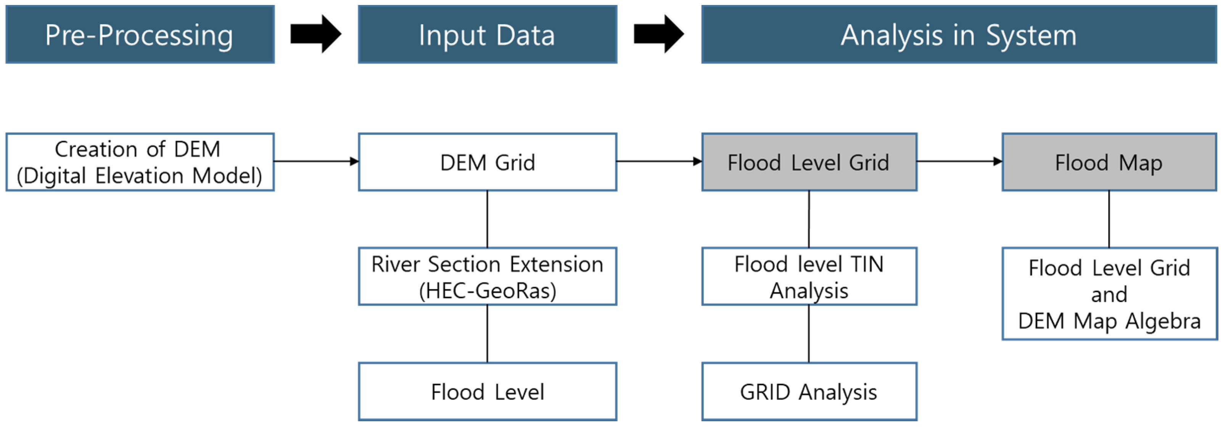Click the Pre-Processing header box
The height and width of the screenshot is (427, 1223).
[x=140, y=34]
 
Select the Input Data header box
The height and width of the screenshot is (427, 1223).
[x=488, y=34]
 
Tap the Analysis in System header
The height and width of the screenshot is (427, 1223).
[x=959, y=34]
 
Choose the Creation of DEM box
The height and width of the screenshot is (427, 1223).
[x=140, y=162]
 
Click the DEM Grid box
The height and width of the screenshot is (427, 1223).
[x=488, y=162]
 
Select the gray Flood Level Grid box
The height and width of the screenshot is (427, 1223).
[x=809, y=162]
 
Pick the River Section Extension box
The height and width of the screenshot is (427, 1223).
[x=488, y=276]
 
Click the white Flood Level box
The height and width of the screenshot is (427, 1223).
[x=488, y=392]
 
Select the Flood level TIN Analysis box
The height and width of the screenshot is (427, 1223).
[x=809, y=276]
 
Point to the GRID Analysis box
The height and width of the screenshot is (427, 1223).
[x=809, y=392]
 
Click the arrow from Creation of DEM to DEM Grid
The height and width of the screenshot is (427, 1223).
[x=317, y=161]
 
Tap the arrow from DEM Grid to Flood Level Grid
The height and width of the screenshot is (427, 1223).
[x=660, y=161]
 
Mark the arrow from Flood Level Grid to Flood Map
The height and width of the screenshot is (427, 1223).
[x=959, y=161]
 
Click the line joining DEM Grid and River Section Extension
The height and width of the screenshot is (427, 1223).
[x=488, y=219]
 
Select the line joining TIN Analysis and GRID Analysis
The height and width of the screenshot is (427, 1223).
[x=809, y=334]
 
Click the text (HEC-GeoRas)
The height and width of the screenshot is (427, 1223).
[x=488, y=291]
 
